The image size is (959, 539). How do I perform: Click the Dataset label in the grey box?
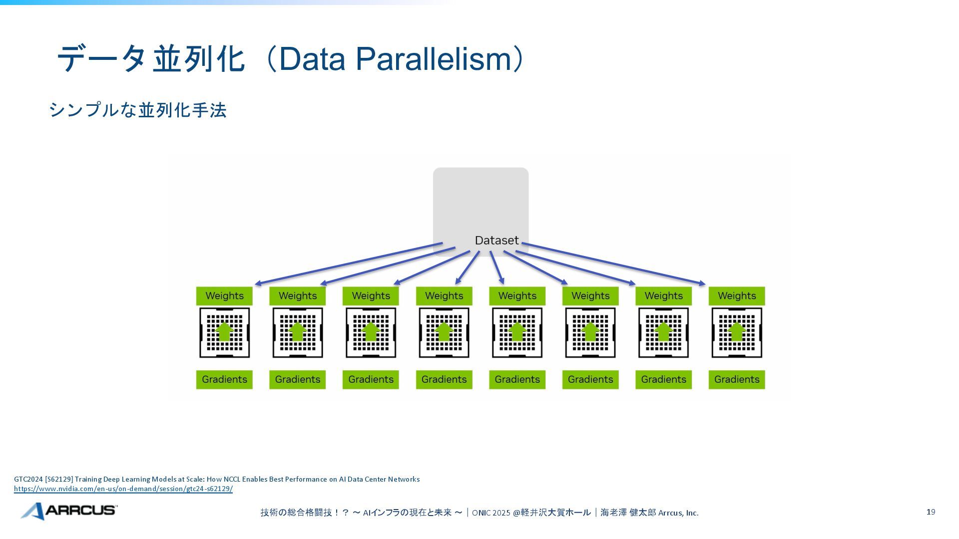pos(496,241)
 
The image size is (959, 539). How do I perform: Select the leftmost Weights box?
pos(224,296)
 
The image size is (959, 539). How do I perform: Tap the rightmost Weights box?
pos(737,296)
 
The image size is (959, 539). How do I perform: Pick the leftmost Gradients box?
pos(224,380)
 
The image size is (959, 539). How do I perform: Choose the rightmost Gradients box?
pos(737,380)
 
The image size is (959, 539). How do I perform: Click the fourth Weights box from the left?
pos(444,296)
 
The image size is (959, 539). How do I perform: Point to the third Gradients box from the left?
pos(371,380)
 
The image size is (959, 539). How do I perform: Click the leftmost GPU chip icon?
pos(224,332)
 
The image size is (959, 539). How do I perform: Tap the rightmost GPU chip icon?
pos(737,332)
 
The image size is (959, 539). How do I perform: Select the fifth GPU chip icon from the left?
pos(517,332)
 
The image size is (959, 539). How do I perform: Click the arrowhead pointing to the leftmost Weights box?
pos(258,284)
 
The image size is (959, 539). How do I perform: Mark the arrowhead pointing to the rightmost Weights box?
pos(702,284)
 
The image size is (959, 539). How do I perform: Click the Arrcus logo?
pos(69,511)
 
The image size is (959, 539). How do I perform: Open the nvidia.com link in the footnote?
pos(123,489)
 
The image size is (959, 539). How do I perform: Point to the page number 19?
pos(931,512)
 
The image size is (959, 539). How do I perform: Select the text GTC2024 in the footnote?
pos(28,479)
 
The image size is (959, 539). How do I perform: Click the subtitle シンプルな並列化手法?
pos(138,110)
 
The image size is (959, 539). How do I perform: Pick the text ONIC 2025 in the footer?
pos(491,513)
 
